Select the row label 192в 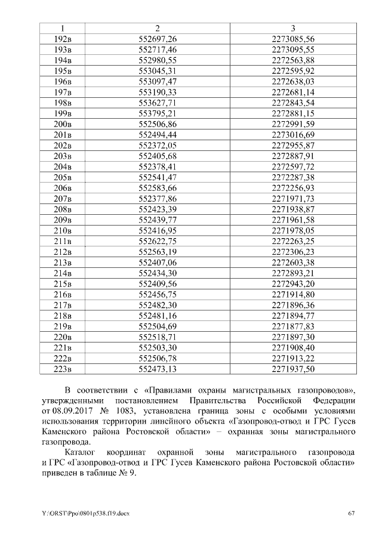63,39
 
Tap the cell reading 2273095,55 293,50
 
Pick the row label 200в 63,124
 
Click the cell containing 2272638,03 293,81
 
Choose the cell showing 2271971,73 293,198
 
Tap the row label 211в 63,240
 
